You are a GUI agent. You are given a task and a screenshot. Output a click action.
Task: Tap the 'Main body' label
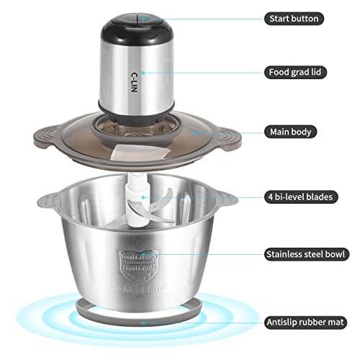(x=290, y=132)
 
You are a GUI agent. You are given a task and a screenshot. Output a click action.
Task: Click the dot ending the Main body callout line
(x=191, y=132)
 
